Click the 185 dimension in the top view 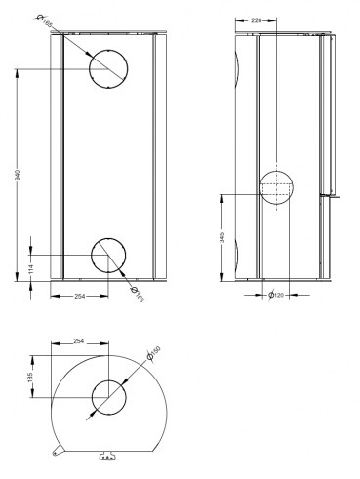tap(31, 377)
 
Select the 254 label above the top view tap(79, 342)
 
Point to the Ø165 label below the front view tap(137, 294)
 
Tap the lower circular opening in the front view tap(107, 255)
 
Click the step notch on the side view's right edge tap(332, 195)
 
